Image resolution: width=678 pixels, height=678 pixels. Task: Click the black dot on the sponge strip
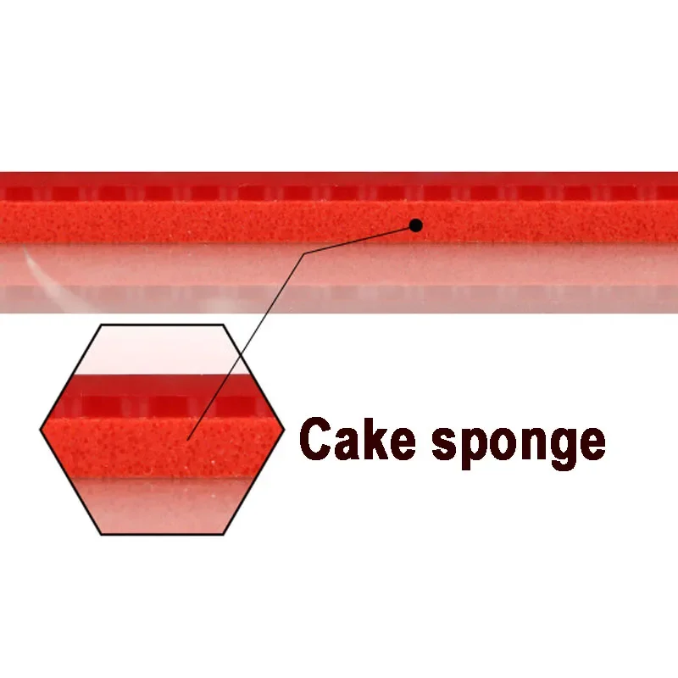point(415,225)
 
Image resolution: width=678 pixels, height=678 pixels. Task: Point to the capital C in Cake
point(317,440)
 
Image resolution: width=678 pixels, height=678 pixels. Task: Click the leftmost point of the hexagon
point(41,430)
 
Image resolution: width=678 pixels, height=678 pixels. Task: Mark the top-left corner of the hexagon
point(101,325)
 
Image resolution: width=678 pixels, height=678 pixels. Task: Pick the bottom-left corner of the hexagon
point(101,534)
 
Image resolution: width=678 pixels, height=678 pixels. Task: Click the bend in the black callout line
point(304,253)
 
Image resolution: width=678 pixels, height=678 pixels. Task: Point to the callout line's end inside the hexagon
point(188,438)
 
